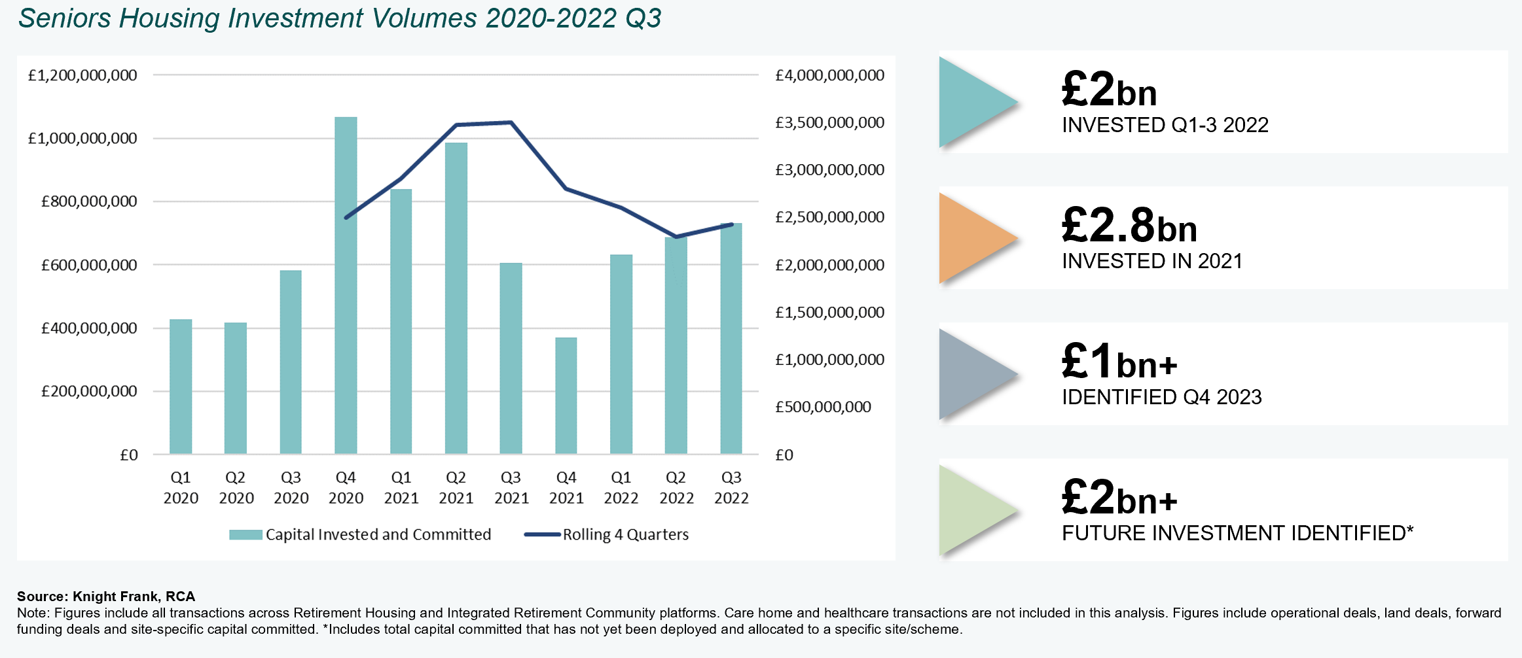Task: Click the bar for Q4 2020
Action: click(346, 285)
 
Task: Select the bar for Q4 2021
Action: click(566, 396)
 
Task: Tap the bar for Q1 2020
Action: click(181, 387)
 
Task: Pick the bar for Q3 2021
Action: click(511, 358)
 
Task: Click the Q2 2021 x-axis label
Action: click(456, 488)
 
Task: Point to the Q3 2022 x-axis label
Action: click(731, 488)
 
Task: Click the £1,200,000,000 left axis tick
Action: click(82, 75)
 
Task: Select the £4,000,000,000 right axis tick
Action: click(829, 75)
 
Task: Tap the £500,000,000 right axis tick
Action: click(823, 407)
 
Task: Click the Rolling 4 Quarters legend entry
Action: click(607, 534)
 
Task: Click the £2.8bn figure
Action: click(1129, 226)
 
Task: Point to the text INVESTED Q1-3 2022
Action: click(1165, 125)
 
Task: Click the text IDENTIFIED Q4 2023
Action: click(1161, 397)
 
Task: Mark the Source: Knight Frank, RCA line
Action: click(106, 597)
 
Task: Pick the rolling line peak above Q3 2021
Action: click(511, 122)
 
